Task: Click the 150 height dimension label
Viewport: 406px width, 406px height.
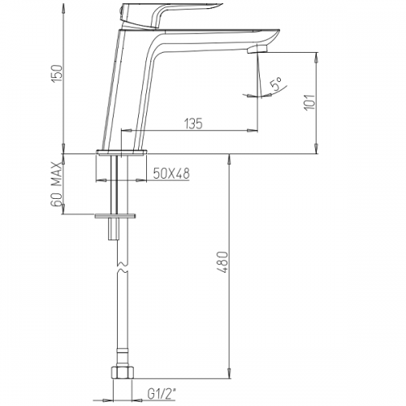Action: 58,74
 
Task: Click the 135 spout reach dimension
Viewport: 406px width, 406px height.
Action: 193,123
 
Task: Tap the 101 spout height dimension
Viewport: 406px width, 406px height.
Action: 310,102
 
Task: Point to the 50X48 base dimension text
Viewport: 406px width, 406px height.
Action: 171,173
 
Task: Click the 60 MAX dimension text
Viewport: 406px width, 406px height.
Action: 57,184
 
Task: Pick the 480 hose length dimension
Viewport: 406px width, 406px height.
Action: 223,261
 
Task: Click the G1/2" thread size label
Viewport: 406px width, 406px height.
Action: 162,394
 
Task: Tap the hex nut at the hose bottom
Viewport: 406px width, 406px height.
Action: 122,373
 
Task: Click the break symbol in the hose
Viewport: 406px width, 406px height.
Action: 123,267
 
